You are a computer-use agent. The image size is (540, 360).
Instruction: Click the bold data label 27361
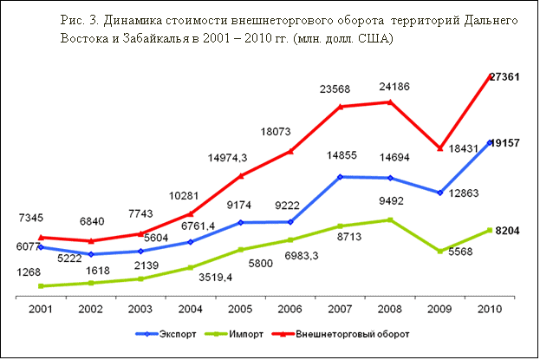coord(504,77)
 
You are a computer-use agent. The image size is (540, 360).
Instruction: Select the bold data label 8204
coord(507,232)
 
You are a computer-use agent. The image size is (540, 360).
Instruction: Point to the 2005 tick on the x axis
coord(240,308)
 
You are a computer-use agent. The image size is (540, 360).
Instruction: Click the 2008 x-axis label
coord(390,308)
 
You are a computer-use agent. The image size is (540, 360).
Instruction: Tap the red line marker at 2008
coord(390,102)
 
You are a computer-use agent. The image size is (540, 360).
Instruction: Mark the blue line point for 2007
coord(341,177)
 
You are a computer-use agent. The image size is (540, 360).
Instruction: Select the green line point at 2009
coord(440,252)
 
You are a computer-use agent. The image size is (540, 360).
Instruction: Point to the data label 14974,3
coord(228,158)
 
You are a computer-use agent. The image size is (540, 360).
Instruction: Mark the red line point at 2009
coord(440,148)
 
